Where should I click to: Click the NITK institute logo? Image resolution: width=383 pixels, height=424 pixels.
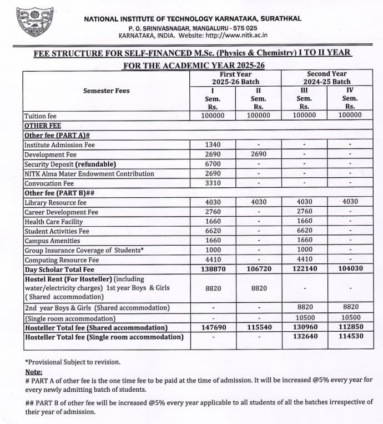pos(35,22)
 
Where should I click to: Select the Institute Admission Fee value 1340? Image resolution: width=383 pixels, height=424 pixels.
pos(213,144)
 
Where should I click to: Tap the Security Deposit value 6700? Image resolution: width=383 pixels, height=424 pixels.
pos(213,164)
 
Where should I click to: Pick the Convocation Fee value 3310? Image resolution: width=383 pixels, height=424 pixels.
pos(213,183)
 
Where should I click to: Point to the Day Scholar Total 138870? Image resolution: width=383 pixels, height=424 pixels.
pos(213,269)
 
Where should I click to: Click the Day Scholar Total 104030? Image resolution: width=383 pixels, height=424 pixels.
pos(350,269)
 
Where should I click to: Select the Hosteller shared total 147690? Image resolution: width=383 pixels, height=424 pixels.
pos(213,327)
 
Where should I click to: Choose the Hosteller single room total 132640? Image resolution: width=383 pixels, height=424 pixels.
pos(304,337)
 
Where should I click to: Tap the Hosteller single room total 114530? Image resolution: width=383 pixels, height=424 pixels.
pos(350,337)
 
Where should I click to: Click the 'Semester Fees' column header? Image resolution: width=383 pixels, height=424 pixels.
pos(106,91)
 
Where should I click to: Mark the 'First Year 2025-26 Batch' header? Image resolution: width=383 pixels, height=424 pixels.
pos(235,78)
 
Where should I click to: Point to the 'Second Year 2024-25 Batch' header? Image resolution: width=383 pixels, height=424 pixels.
pos(327,78)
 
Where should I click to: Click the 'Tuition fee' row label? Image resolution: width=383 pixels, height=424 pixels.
pos(41,116)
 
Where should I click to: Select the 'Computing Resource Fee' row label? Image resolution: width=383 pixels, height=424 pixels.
pos(62,260)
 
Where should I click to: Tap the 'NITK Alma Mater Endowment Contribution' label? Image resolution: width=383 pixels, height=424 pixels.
pos(89,173)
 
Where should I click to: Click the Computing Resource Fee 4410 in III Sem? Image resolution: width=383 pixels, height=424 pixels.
pos(304,260)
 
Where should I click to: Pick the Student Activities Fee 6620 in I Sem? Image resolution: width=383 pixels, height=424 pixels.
pos(213,231)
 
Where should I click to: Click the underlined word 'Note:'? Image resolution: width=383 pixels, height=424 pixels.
pos(34,372)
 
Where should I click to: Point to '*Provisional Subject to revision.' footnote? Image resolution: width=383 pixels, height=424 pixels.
pos(73,362)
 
